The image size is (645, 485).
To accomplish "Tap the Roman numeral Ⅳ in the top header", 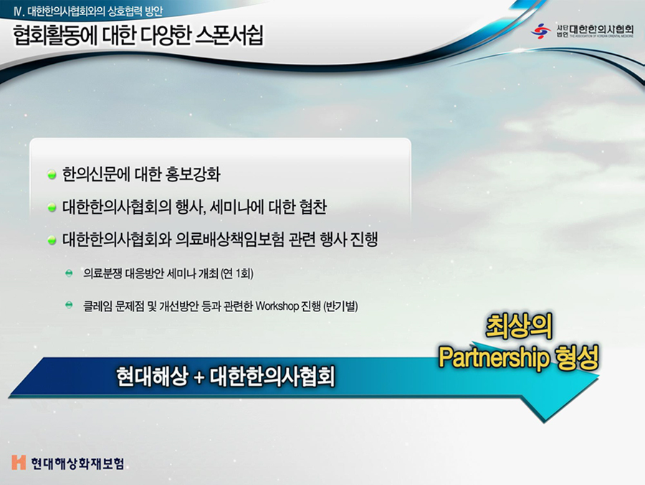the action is [x=18, y=11].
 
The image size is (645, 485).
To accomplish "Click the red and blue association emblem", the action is [x=540, y=31].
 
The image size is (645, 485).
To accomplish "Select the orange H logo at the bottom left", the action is [x=19, y=463].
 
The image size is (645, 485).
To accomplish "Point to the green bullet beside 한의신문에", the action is [x=52, y=175].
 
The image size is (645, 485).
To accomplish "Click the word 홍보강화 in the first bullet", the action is [x=193, y=174].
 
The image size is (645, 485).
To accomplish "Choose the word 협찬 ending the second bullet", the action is [x=313, y=207].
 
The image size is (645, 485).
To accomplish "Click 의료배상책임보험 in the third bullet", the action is [x=229, y=240].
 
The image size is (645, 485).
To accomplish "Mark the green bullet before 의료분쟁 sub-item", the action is [x=69, y=273].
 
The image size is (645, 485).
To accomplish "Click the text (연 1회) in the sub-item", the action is [x=237, y=273].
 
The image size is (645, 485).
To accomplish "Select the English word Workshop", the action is [x=277, y=306].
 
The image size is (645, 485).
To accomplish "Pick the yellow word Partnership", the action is [x=494, y=358].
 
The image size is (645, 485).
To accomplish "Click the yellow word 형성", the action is [x=577, y=357].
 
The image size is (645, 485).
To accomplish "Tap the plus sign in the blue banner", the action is [x=199, y=377].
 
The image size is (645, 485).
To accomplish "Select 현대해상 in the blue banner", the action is [x=152, y=377].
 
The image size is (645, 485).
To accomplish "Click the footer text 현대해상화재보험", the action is [x=77, y=463].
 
